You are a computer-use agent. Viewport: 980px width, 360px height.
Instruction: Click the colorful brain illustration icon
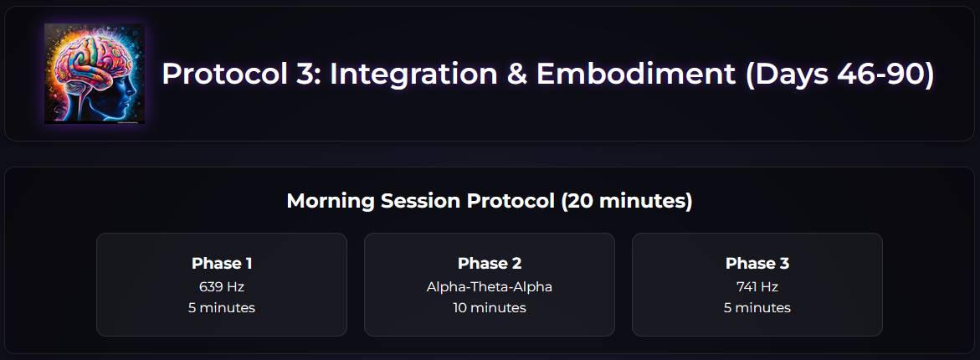click(x=95, y=74)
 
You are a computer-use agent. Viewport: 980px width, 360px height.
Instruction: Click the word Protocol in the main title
click(x=220, y=75)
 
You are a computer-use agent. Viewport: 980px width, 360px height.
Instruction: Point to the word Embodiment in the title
click(x=636, y=75)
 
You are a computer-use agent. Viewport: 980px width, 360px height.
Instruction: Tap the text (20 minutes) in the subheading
click(x=626, y=201)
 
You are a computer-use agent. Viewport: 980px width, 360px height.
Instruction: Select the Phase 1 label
click(x=222, y=263)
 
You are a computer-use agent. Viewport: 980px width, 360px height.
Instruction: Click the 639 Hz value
click(x=222, y=286)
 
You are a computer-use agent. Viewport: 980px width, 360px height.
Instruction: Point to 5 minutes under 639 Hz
click(x=222, y=307)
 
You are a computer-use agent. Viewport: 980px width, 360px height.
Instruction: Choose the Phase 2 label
click(x=490, y=263)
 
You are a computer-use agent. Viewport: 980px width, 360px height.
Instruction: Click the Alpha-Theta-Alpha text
click(x=490, y=286)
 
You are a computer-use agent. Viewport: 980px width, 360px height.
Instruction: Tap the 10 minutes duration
click(x=490, y=307)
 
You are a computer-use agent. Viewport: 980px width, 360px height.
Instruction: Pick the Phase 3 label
click(x=757, y=263)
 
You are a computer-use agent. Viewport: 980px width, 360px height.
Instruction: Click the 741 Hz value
click(x=757, y=286)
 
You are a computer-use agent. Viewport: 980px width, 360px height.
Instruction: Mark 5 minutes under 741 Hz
click(x=757, y=307)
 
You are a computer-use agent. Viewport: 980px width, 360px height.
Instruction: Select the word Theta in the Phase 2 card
click(x=490, y=286)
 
